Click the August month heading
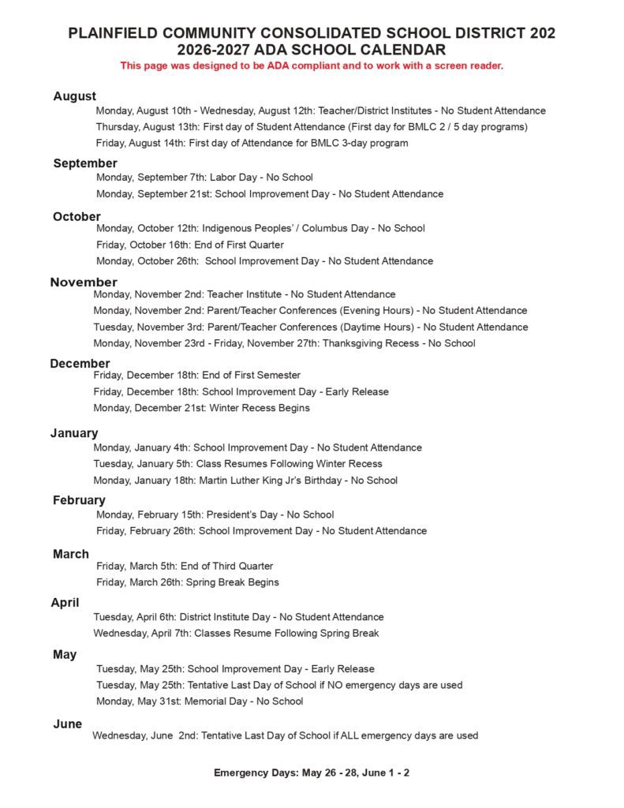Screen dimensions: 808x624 coord(75,96)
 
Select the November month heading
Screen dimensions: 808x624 coord(84,282)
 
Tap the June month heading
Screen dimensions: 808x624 coord(68,724)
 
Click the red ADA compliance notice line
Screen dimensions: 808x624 coord(312,65)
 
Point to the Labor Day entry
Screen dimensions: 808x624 coord(204,178)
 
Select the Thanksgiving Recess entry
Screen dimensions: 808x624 coord(284,343)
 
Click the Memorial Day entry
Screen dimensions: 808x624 coord(200,701)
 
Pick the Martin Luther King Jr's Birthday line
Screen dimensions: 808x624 coord(245,480)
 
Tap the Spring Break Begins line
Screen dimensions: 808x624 coord(188,582)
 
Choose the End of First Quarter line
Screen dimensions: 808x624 coord(189,245)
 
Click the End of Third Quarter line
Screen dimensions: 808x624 coord(185,566)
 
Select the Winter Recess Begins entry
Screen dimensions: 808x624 coord(201,408)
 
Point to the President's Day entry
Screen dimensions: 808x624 coord(215,514)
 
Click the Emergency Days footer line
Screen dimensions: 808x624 coord(312,772)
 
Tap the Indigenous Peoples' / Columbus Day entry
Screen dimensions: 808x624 coord(260,228)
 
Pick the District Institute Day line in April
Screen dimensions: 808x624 coord(238,617)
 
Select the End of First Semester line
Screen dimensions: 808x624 coord(196,375)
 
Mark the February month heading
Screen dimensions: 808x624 coord(79,500)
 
